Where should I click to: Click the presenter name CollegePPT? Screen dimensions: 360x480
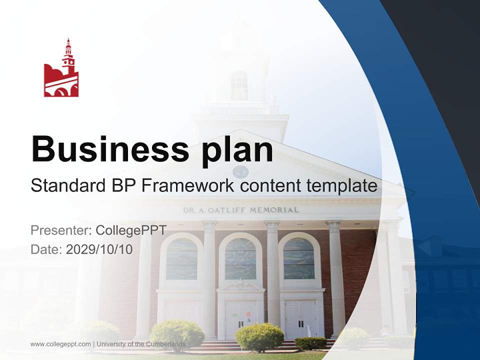tap(130, 230)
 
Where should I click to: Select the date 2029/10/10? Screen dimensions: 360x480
tap(99, 249)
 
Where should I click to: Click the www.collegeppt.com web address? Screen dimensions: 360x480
tap(60, 344)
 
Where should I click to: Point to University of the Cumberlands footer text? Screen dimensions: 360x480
tap(140, 344)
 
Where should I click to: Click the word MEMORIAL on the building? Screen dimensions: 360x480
tap(274, 210)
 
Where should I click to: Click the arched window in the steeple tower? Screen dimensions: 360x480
tap(239, 85)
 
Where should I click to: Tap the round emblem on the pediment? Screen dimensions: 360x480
tap(240, 171)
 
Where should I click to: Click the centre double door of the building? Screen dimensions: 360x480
tap(240, 318)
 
